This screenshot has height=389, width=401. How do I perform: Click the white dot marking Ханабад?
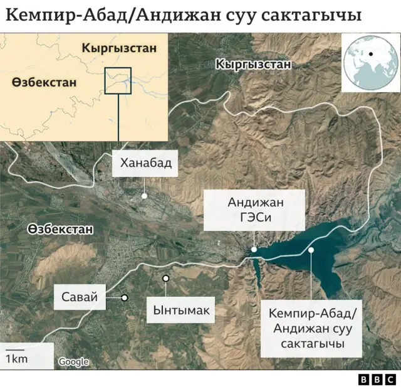(145, 196)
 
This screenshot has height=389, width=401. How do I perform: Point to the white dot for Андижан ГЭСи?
(254, 250)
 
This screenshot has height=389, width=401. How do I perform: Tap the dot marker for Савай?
(125, 297)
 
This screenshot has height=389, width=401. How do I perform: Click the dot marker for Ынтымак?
(165, 278)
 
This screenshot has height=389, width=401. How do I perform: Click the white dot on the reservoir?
(311, 250)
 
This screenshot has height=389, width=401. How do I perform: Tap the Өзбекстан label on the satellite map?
(60, 230)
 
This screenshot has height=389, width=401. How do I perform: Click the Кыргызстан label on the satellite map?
(253, 65)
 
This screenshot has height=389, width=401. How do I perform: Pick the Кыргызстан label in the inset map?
(119, 48)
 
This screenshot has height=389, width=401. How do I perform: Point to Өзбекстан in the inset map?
(44, 82)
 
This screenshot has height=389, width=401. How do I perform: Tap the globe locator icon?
(370, 61)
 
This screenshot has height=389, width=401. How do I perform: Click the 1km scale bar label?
(16, 358)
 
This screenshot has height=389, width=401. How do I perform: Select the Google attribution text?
(73, 361)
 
